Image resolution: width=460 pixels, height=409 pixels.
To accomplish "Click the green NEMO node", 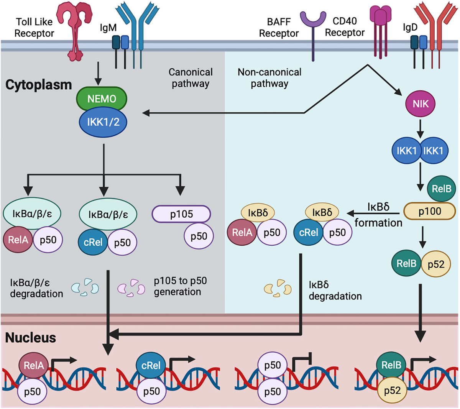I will [102, 99].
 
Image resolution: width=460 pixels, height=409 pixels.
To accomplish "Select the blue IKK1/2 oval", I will [102, 122].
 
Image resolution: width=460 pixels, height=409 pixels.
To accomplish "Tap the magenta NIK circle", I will [420, 103].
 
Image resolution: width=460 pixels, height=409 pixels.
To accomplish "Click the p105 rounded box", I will [181, 214].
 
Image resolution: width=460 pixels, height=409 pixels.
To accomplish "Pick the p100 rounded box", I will [429, 211].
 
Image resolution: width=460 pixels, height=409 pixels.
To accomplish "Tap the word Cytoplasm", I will [38, 85].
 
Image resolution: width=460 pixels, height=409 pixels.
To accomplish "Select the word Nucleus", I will [31, 338].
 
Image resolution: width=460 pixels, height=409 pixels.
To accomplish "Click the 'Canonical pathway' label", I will [190, 78].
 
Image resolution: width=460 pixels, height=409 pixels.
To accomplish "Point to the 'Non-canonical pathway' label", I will [269, 78].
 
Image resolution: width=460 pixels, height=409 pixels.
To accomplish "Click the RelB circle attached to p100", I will [441, 189].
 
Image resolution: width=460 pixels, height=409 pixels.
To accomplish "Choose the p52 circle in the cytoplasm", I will [436, 264].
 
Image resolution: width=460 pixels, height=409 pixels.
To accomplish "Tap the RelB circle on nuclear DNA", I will [391, 365].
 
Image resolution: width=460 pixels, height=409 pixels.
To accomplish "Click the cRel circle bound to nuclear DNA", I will [151, 365].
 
